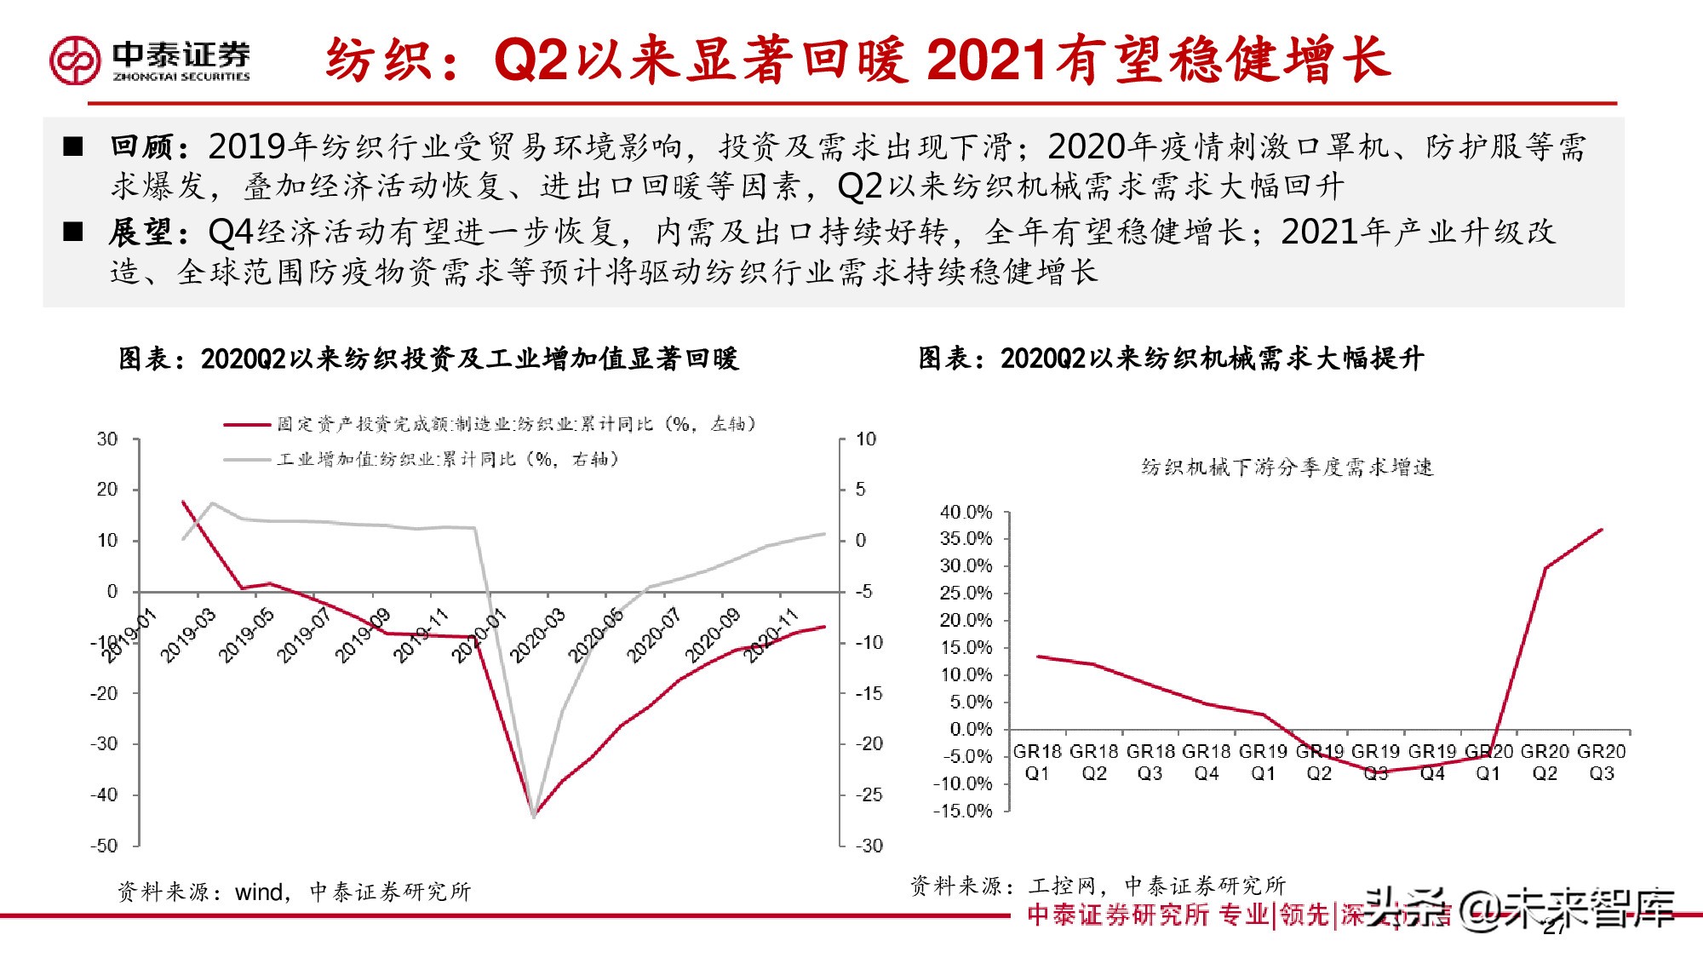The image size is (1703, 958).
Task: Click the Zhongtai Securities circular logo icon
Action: [x=75, y=60]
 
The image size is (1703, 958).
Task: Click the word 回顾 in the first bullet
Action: [x=142, y=146]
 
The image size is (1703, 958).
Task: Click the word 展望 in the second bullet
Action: [x=142, y=232]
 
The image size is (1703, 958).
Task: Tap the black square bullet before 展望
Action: [x=73, y=232]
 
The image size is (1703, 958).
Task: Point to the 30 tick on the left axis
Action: [x=107, y=439]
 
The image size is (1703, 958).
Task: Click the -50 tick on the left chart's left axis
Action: [x=104, y=846]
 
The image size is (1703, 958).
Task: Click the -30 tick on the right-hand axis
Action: [x=869, y=846]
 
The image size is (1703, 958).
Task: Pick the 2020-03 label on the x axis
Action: [x=536, y=635]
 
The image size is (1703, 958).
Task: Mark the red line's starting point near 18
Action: [x=183, y=502]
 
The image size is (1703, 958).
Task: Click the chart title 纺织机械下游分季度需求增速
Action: [x=1287, y=468]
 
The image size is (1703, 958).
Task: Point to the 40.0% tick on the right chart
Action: [x=966, y=512]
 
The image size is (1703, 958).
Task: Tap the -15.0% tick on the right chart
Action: [x=963, y=811]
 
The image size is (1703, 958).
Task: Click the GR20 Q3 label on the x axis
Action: [x=1601, y=762]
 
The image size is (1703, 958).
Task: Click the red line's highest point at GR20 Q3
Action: [x=1602, y=530]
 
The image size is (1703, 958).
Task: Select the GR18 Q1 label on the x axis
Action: [x=1037, y=762]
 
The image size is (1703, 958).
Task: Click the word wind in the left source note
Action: [x=259, y=892]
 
